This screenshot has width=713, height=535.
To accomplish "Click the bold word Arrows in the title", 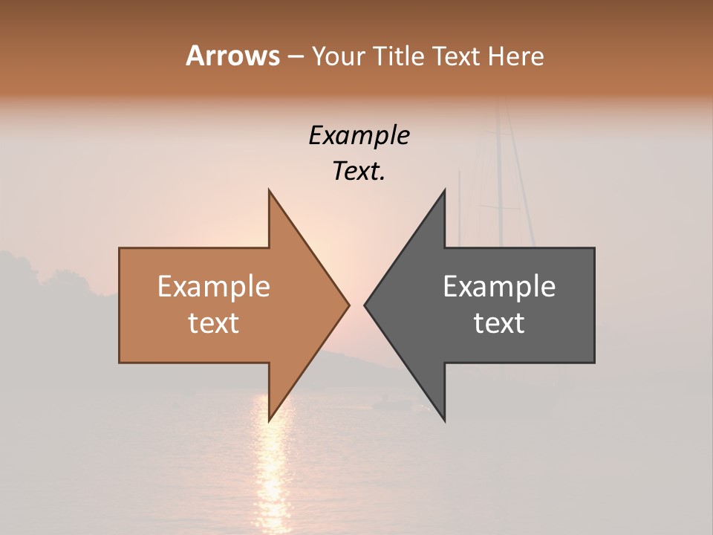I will (x=232, y=56).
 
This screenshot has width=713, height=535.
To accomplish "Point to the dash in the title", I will (x=295, y=56).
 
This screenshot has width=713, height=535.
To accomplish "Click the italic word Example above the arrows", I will (x=359, y=135).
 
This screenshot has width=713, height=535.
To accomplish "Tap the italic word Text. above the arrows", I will (x=359, y=171).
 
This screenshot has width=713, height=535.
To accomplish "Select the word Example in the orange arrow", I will (x=214, y=286).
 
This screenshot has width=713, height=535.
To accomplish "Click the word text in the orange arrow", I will (x=214, y=322).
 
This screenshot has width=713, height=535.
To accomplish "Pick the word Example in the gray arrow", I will (x=499, y=286).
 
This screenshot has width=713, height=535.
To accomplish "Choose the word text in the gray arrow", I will (x=499, y=322).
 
